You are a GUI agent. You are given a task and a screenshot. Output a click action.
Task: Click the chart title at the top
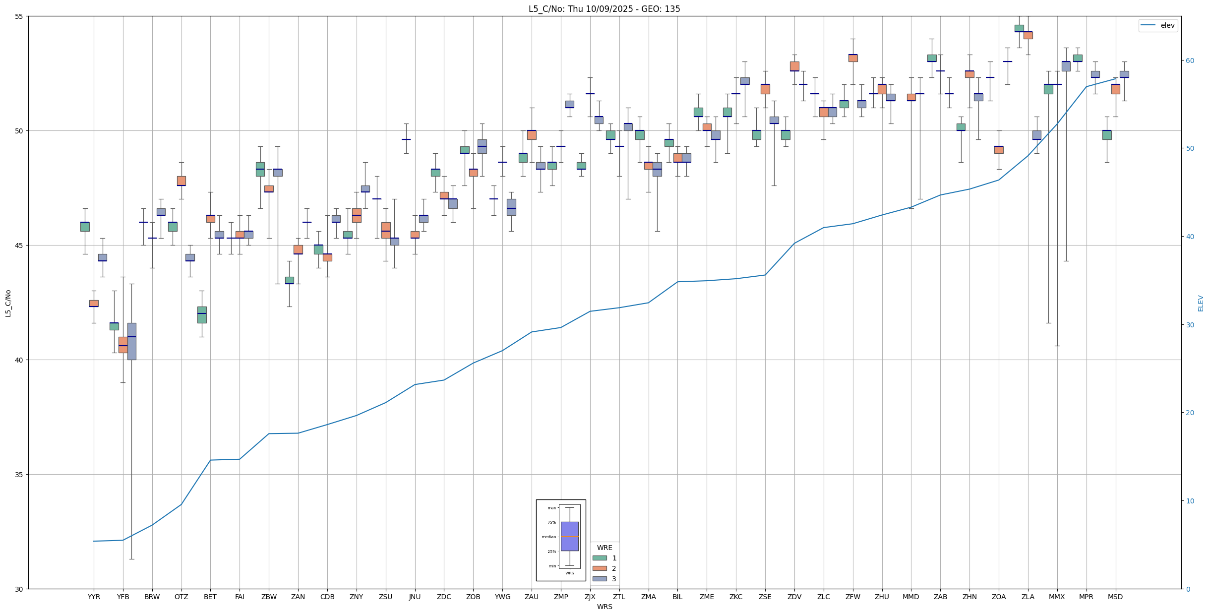(x=604, y=9)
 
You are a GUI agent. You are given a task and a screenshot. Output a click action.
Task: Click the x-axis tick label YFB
(x=123, y=597)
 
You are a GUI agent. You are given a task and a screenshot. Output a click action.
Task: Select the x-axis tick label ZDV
(x=794, y=597)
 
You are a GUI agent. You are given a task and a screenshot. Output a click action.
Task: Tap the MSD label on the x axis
(x=1115, y=597)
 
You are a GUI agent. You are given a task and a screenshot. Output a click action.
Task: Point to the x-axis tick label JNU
(x=415, y=597)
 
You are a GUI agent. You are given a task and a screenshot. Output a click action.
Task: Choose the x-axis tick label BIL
(x=677, y=597)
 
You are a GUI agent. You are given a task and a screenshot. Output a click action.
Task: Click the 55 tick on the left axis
(x=19, y=16)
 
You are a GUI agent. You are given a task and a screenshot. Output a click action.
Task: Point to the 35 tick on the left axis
(x=19, y=475)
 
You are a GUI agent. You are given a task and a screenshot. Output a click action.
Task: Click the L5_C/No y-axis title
(x=8, y=303)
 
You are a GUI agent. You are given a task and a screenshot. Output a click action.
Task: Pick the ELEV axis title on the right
(x=1201, y=303)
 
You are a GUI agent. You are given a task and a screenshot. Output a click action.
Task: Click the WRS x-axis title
(x=604, y=607)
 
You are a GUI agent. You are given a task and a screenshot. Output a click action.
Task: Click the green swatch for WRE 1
(x=600, y=558)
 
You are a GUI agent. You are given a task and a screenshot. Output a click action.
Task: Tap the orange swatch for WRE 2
(x=600, y=568)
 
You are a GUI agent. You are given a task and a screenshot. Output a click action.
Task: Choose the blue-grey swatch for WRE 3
(x=600, y=579)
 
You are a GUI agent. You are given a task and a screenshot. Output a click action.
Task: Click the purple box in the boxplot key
(x=569, y=536)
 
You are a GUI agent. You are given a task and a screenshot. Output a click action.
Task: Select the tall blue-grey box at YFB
(x=132, y=341)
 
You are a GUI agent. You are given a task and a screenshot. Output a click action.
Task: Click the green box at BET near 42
(x=202, y=315)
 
